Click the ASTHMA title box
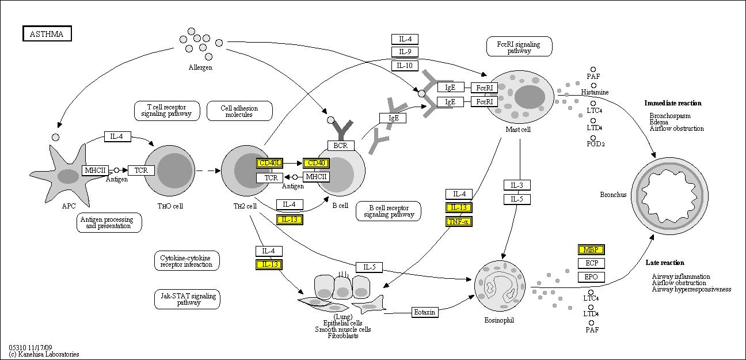point(47,34)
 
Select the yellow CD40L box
point(269,163)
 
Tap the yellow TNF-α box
point(459,222)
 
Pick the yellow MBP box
point(591,249)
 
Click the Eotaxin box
point(425,312)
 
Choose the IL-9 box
point(405,52)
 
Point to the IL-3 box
point(517,185)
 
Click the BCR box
point(341,146)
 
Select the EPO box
point(591,277)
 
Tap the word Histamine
point(595,92)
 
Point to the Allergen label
point(200,68)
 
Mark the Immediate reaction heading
point(673,103)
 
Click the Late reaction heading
point(664,263)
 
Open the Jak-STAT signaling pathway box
point(188,299)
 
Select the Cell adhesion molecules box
point(239,111)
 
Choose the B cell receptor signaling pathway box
point(389,211)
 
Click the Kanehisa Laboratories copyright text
point(44,354)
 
